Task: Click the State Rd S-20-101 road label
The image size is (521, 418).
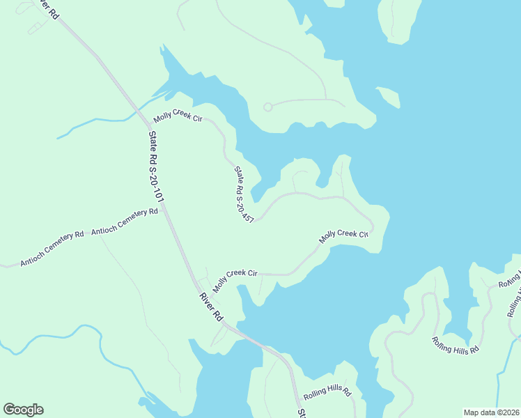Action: (x=156, y=168)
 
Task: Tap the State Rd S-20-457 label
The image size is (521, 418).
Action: (x=243, y=194)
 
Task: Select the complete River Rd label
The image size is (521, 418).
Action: (x=211, y=307)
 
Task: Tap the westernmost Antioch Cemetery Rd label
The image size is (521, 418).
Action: (x=52, y=249)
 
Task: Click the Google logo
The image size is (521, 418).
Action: (x=23, y=410)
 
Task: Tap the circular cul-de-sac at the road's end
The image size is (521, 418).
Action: (x=267, y=107)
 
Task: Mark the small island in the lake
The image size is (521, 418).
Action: (x=389, y=97)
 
